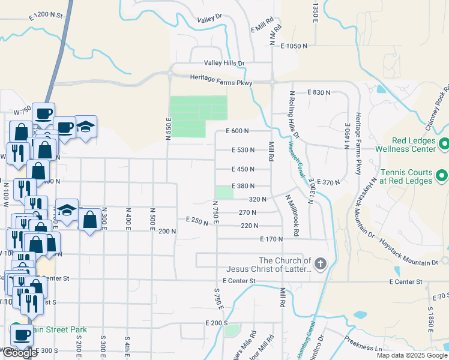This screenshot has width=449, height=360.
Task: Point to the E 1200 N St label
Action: pyautogui.click(x=46, y=18)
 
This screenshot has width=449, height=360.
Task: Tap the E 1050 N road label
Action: pyautogui.click(x=292, y=46)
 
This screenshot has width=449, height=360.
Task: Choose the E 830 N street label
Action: pyautogui.click(x=319, y=92)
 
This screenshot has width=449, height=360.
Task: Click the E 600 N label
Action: pyautogui.click(x=237, y=131)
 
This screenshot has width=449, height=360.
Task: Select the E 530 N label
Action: pyautogui.click(x=243, y=150)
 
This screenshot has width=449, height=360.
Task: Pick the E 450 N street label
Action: pyautogui.click(x=243, y=169)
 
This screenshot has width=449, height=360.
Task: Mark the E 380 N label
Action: pyautogui.click(x=243, y=186)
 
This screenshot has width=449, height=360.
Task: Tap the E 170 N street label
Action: pyautogui.click(x=271, y=239)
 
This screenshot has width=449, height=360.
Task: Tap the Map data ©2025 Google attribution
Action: pyautogui.click(x=412, y=355)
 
